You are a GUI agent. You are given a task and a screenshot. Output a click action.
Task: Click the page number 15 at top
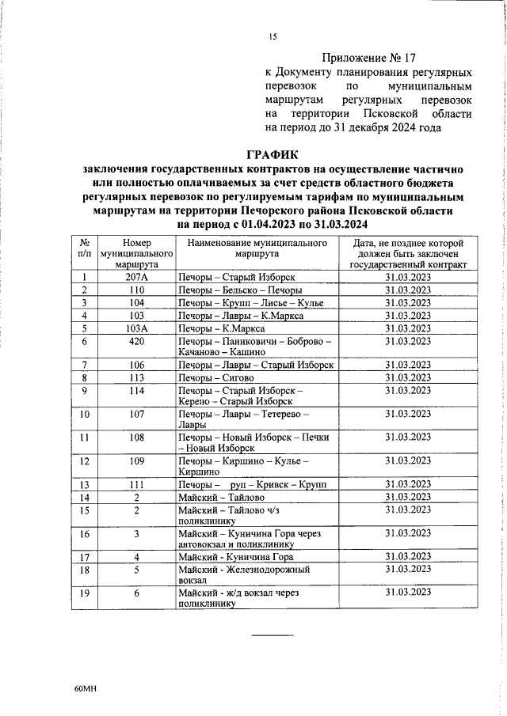point(273,36)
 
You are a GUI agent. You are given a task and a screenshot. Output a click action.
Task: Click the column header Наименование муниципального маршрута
point(257,248)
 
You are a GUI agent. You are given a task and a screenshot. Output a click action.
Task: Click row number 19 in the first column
point(85,593)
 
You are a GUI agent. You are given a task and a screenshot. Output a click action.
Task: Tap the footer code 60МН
point(85,690)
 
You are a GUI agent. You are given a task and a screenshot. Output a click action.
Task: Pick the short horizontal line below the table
point(273,635)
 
